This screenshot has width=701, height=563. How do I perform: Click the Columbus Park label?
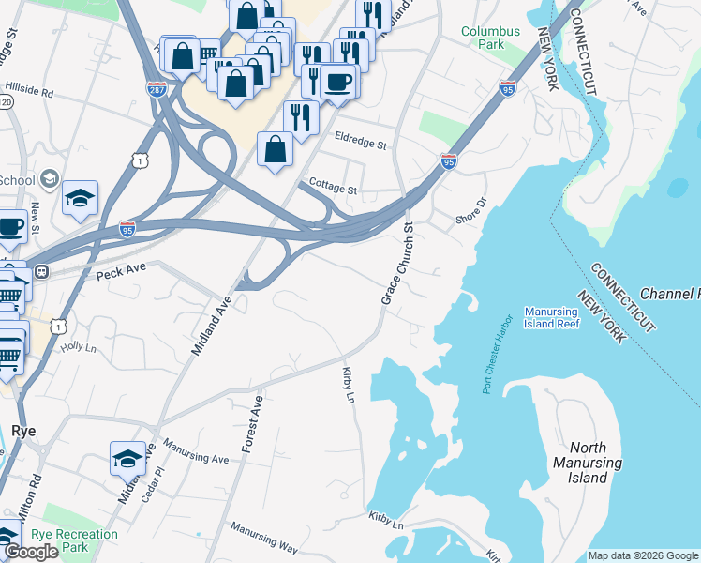click(490, 38)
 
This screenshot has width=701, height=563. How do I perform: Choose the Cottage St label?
click(333, 189)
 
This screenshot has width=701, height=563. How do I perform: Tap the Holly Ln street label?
click(79, 346)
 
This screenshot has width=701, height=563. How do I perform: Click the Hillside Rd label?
click(28, 95)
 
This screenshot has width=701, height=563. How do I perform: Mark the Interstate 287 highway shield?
click(157, 89)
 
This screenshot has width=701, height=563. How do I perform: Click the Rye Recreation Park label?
click(74, 540)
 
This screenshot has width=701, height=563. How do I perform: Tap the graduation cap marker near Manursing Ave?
click(128, 459)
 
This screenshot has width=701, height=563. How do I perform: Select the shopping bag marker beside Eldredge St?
click(275, 149)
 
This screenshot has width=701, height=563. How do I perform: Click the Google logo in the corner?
click(31, 552)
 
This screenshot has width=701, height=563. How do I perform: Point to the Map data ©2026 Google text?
click(643, 555)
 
